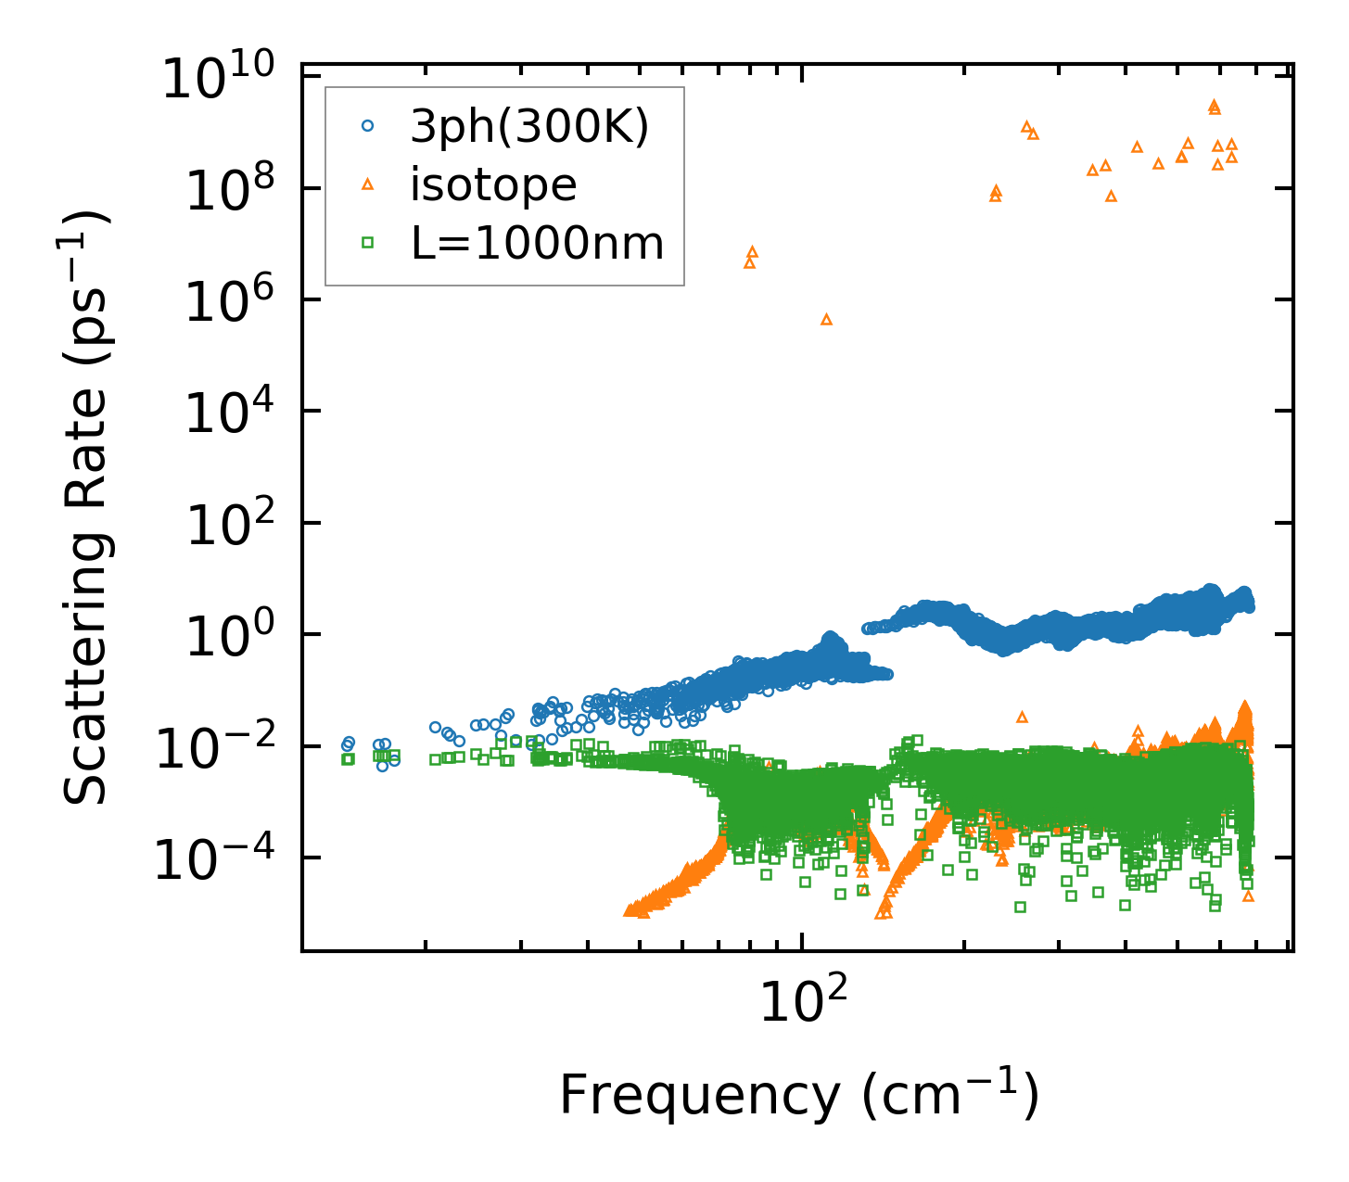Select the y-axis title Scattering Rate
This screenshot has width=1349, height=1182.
[88, 507]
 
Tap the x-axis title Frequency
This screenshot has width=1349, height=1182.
[797, 1095]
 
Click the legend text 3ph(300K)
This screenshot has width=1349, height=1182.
[529, 127]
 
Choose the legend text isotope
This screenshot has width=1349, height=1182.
[493, 185]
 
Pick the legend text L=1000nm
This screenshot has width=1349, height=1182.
[537, 244]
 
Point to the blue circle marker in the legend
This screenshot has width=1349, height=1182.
[367, 126]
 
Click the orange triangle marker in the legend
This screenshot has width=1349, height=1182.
[367, 184]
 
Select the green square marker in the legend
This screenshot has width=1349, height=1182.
[367, 243]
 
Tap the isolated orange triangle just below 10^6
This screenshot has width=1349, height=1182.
[826, 320]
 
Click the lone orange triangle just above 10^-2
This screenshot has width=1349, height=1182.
[1022, 717]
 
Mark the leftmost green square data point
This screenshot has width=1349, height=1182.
[348, 758]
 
